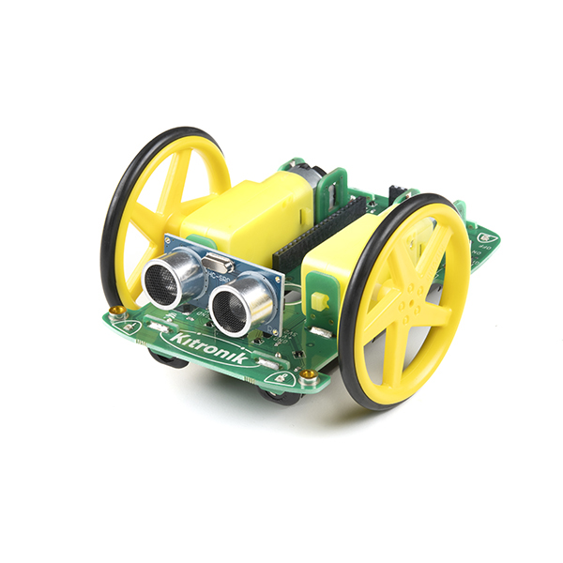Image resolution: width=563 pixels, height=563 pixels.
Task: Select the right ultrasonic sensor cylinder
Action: [x=231, y=305]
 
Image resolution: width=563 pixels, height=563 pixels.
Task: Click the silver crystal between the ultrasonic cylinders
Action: [x=214, y=265]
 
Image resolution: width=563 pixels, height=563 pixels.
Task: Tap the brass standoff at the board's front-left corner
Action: [x=115, y=311]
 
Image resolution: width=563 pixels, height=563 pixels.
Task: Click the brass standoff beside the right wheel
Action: [x=308, y=376]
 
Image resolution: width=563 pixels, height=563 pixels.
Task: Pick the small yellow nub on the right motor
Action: [x=320, y=302]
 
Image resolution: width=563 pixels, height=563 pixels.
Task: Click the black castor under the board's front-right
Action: [x=279, y=395]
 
